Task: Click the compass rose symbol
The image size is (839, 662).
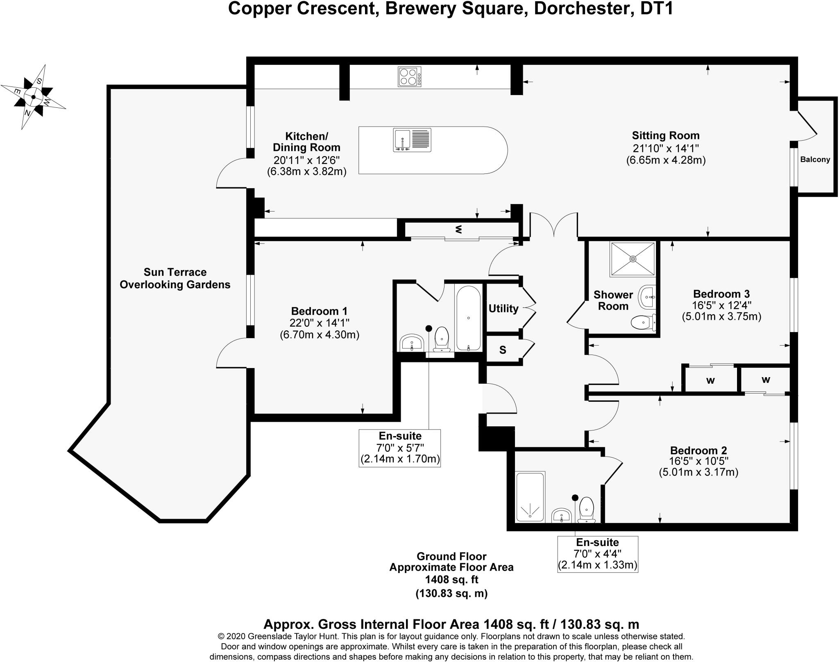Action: (x=33, y=97)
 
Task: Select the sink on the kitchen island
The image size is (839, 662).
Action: (x=412, y=140)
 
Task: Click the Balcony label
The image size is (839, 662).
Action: (x=815, y=159)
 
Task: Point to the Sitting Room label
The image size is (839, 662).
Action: (x=666, y=136)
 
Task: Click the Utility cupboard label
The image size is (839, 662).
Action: (x=503, y=308)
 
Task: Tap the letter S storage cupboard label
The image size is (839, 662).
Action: (x=503, y=350)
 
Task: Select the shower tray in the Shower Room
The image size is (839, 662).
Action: (x=633, y=259)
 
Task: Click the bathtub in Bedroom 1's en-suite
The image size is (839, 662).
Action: (x=468, y=318)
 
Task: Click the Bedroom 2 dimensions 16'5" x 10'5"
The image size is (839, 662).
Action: (x=698, y=461)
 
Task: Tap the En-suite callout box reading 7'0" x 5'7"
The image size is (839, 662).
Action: (x=400, y=448)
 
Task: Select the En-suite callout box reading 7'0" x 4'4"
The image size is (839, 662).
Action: (x=597, y=554)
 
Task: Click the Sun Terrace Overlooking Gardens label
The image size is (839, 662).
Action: (x=175, y=278)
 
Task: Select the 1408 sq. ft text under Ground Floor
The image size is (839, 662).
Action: (x=451, y=580)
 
